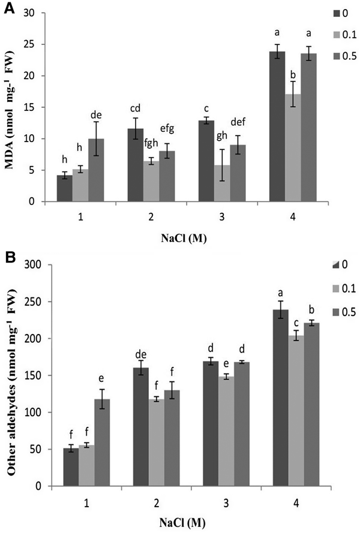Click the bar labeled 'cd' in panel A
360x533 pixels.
[x=144, y=165]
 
